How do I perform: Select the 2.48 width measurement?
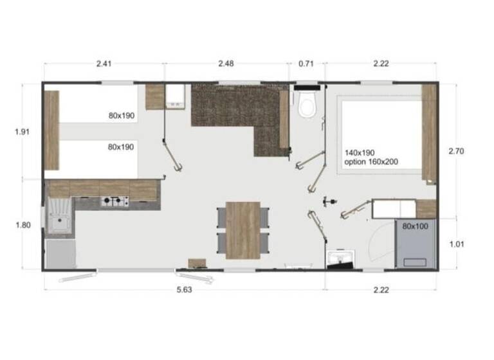pos(226,64)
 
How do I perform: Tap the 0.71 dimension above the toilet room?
pos(306,64)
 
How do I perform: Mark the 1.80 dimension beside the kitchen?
pos(23,225)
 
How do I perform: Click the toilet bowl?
pos(306,105)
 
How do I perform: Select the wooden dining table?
pos(243,230)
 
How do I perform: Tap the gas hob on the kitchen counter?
pos(114,203)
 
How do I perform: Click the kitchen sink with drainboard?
pos(60,217)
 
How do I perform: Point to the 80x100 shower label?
pos(416,227)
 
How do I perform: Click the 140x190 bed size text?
pos(360,152)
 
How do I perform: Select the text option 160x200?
pos(371,162)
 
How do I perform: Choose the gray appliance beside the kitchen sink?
pos(60,253)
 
